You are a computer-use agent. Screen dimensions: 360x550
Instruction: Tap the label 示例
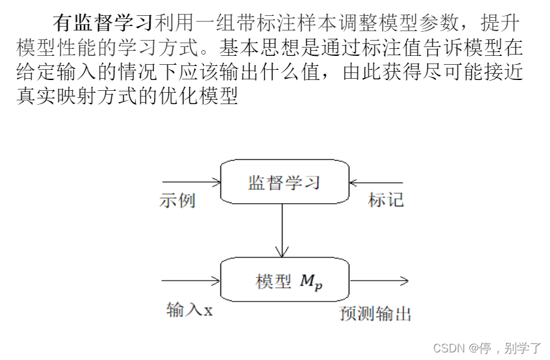[177, 201]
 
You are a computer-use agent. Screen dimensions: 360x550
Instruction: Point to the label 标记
[386, 201]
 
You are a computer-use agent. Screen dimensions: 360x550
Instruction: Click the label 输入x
[189, 310]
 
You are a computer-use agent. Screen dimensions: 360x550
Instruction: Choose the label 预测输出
[375, 313]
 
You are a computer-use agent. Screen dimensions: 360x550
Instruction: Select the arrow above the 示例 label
[191, 182]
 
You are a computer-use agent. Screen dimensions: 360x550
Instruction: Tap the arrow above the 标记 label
[377, 182]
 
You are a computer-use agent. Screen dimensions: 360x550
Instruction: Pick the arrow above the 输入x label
[191, 280]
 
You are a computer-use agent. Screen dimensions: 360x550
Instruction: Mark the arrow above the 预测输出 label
[379, 280]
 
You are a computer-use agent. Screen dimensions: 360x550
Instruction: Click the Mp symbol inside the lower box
[311, 282]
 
